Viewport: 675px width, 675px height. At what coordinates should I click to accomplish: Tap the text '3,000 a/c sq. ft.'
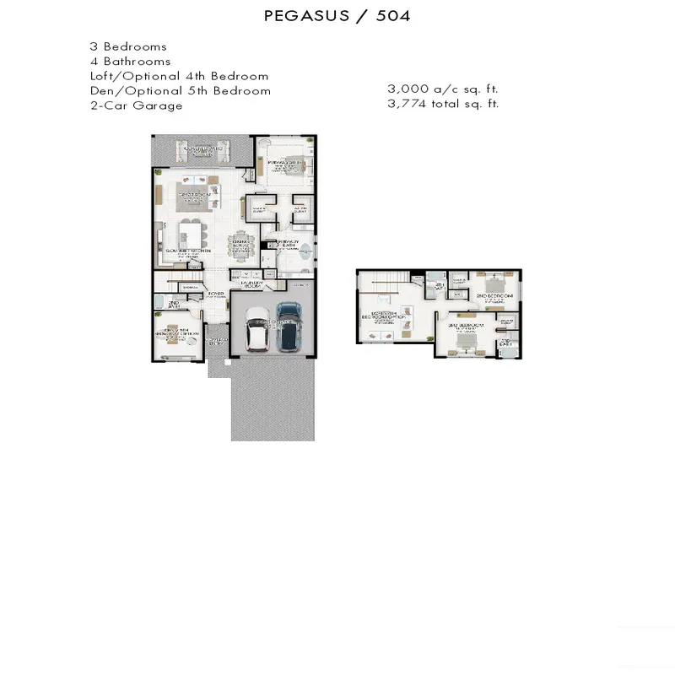coord(437,89)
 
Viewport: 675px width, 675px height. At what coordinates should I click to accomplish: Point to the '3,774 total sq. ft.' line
coord(443,104)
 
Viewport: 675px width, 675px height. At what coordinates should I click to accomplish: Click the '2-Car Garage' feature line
coord(136,105)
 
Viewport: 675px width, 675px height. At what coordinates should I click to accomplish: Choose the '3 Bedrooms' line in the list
coord(128,46)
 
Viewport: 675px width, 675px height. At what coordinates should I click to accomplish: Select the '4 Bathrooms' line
coord(130,61)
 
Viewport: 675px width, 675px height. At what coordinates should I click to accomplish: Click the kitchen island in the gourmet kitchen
coord(192,232)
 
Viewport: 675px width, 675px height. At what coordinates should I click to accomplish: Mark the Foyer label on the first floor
coord(215,294)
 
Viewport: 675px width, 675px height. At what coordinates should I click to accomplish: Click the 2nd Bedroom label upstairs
coord(494,297)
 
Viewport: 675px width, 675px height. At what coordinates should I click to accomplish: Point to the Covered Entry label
coord(218,342)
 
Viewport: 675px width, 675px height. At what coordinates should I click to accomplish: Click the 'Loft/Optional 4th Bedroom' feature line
coord(179,76)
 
